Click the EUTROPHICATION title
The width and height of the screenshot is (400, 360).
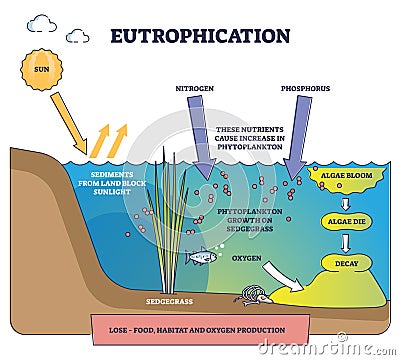click(x=200, y=36)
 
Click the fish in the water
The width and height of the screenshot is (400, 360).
click(x=202, y=256)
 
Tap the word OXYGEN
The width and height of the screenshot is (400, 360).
click(x=247, y=257)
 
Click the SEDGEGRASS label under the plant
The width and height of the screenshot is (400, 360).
click(x=165, y=300)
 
